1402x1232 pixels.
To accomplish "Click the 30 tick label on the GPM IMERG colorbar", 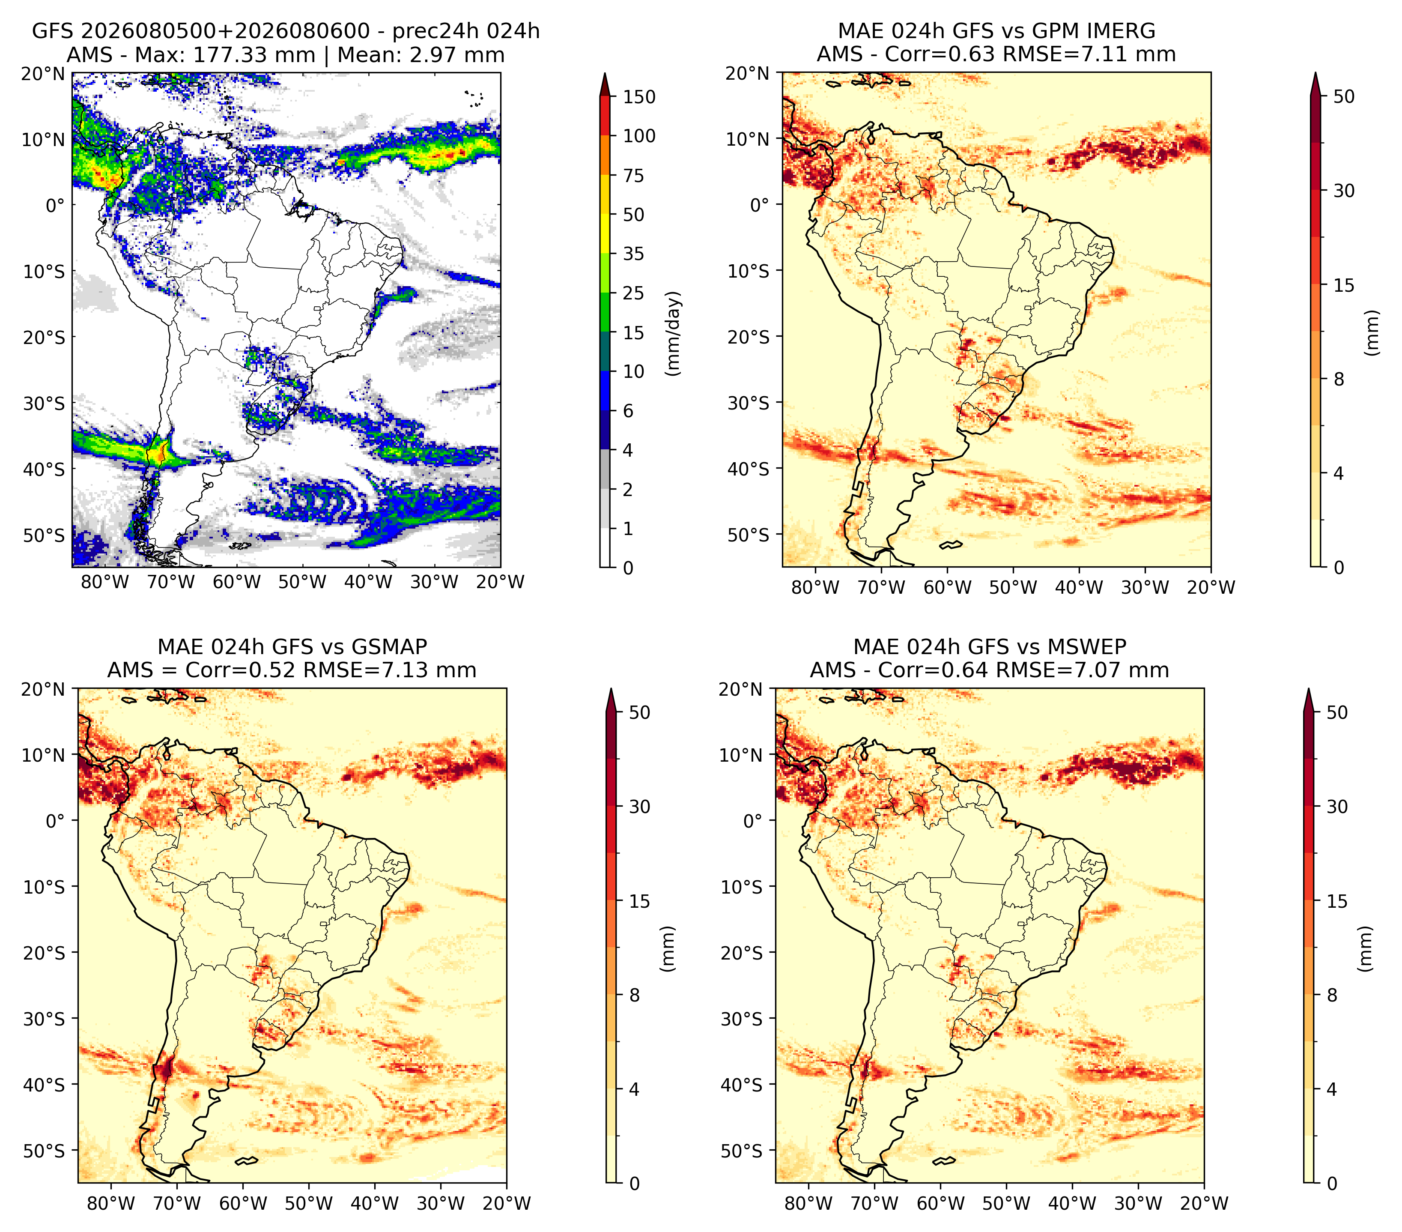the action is point(1344,191).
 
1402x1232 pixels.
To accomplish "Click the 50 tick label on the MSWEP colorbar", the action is point(1337,713).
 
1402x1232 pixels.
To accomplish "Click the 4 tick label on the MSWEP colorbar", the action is point(1331,1089).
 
